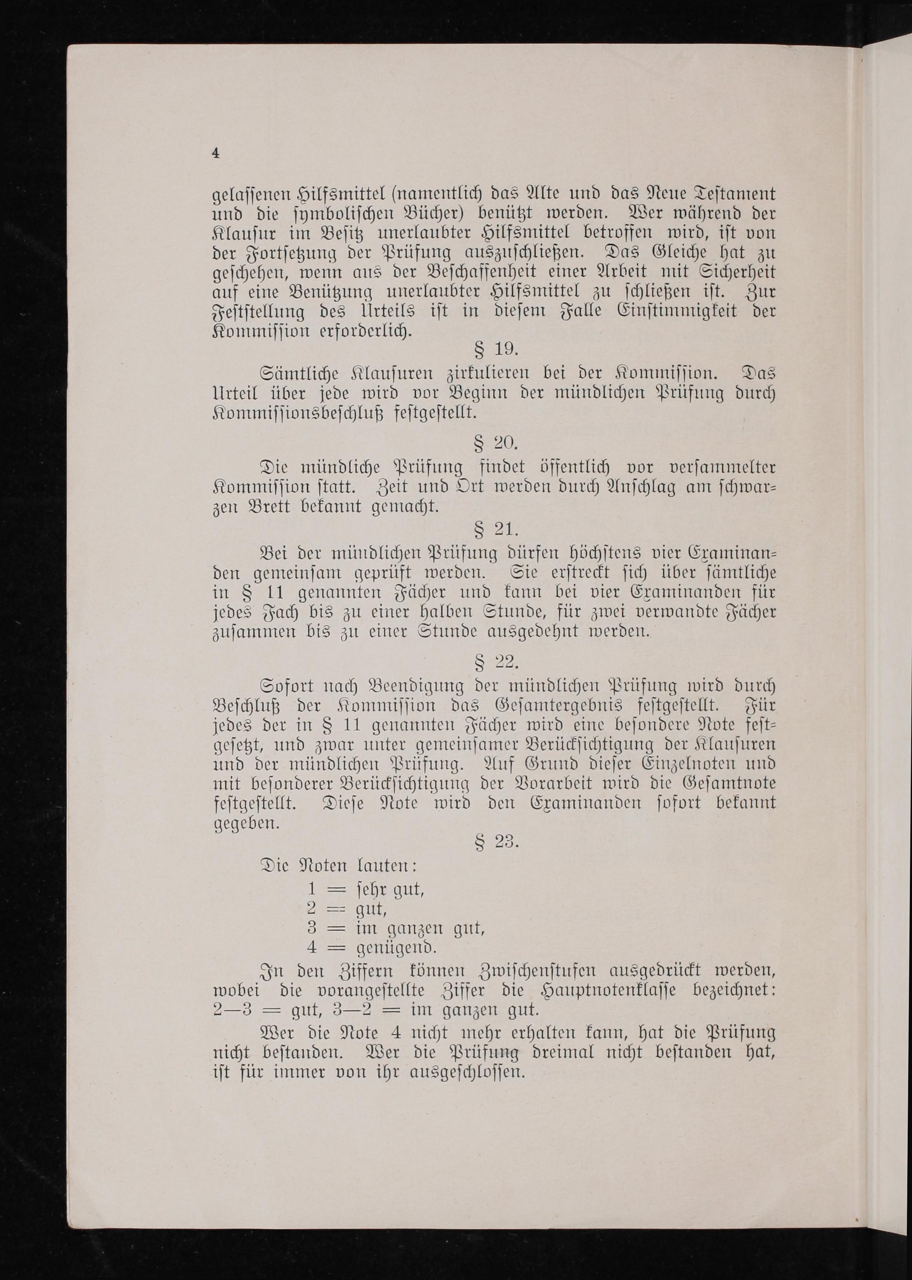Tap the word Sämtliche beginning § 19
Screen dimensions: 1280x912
[299, 374]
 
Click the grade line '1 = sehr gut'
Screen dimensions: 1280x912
[365, 889]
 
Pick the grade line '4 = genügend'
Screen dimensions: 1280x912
[371, 947]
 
